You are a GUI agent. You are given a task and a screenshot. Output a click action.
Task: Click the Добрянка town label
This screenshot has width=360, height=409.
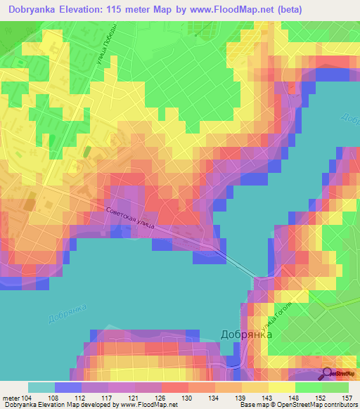coord(247,335)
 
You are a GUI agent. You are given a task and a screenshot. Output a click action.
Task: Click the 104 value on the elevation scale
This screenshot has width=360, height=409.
coord(28,398)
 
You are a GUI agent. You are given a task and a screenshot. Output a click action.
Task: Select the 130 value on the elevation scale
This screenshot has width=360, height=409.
coord(188,398)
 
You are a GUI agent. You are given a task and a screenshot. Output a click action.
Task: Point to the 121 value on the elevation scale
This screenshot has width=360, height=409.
coord(135,398)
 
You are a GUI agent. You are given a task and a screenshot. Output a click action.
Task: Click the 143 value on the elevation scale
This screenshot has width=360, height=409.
coord(269,398)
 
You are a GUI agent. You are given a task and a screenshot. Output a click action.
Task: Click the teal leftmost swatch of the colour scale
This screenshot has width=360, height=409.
coord(41,387)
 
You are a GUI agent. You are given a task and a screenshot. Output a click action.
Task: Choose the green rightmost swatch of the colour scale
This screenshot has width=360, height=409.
coord(335,387)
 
